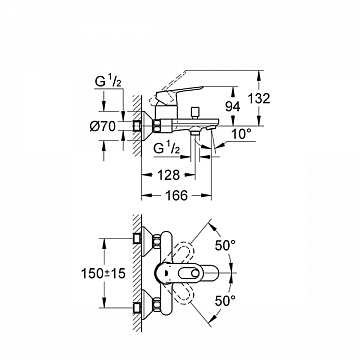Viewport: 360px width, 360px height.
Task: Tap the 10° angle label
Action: [x=242, y=133]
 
